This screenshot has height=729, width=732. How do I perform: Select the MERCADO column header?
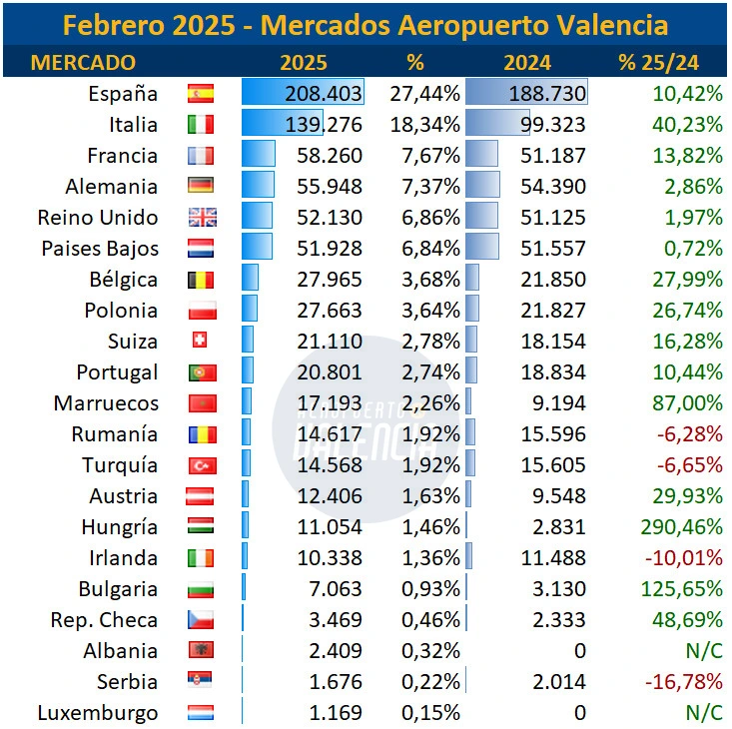pyautogui.click(x=83, y=62)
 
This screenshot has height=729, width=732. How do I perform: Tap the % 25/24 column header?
pyautogui.click(x=659, y=62)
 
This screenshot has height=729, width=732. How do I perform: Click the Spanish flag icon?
pyautogui.click(x=201, y=93)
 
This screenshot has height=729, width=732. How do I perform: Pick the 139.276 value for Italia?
pyautogui.click(x=324, y=125)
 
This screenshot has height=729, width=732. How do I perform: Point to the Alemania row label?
pyautogui.click(x=112, y=187)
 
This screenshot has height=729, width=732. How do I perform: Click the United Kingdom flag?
pyautogui.click(x=202, y=218)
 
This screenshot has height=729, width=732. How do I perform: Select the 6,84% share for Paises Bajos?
pyautogui.click(x=430, y=249)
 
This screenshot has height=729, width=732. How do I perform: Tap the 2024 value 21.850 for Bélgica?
pyautogui.click(x=553, y=280)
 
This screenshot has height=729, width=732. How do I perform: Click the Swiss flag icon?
pyautogui.click(x=200, y=340)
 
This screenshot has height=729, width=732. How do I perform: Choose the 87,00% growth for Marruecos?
pyautogui.click(x=687, y=403)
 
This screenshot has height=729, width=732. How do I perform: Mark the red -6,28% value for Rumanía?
pyautogui.click(x=690, y=434)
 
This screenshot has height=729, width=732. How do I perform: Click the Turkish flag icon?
pyautogui.click(x=203, y=465)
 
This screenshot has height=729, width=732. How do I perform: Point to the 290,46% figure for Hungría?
pyautogui.click(x=682, y=527)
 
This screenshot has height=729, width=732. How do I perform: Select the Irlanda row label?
pyautogui.click(x=123, y=558)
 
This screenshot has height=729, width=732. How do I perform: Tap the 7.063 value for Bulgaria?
pyautogui.click(x=336, y=589)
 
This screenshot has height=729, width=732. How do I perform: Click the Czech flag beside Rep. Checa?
pyautogui.click(x=201, y=620)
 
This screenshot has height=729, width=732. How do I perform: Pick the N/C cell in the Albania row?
pyautogui.click(x=704, y=651)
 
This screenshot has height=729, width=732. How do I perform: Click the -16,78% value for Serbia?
pyautogui.click(x=684, y=682)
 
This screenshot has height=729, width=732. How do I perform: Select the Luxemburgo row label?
pyautogui.click(x=98, y=714)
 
